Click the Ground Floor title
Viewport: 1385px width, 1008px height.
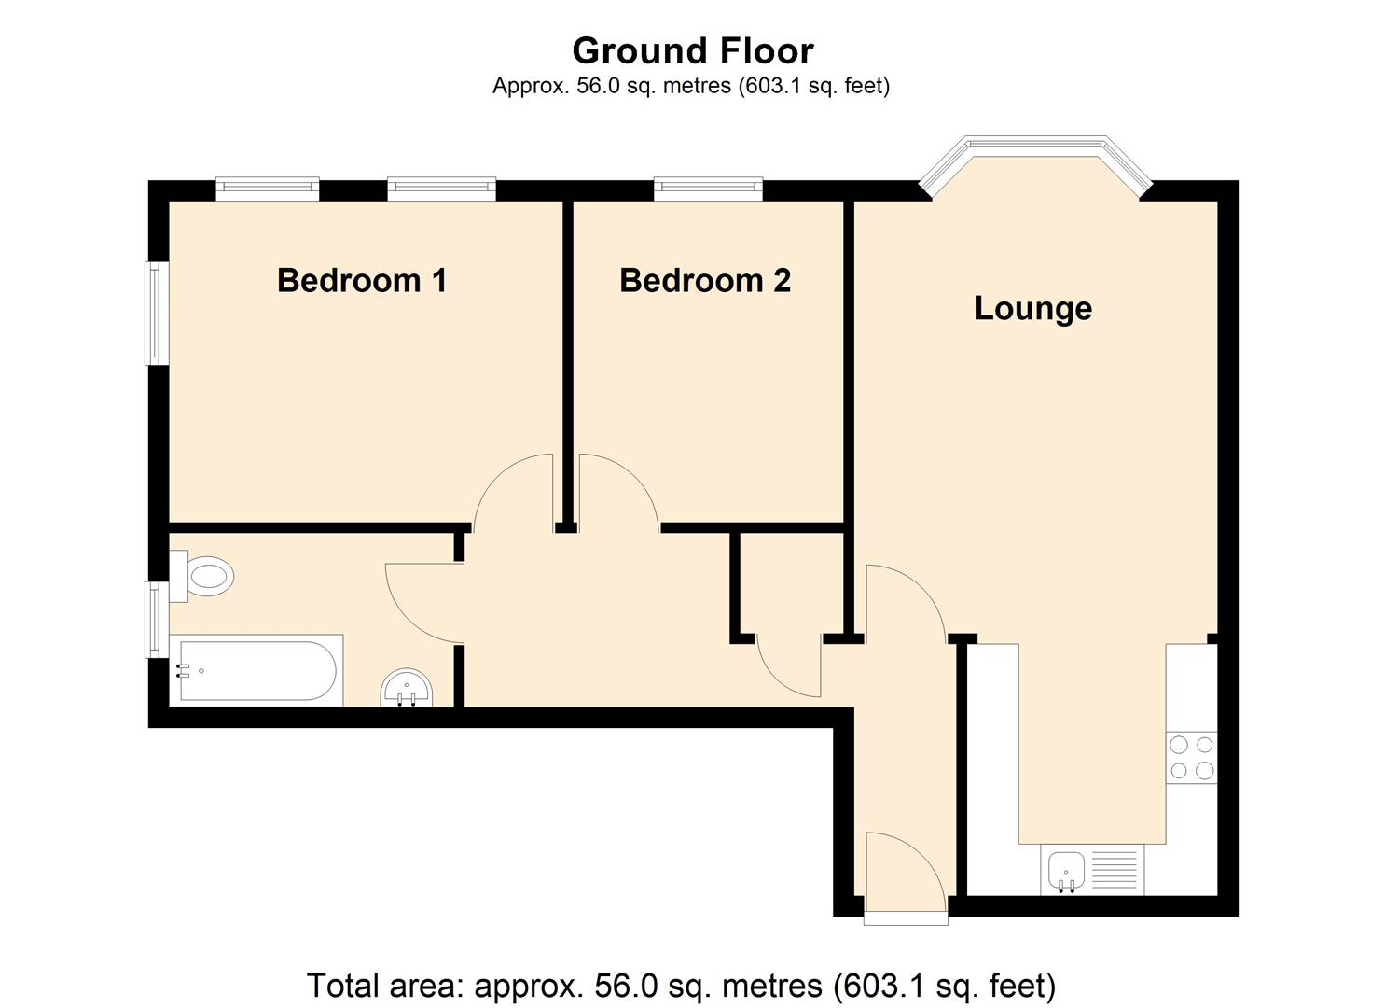[692, 50]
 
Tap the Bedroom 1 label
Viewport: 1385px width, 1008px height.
[362, 280]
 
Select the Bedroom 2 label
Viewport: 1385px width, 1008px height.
[705, 280]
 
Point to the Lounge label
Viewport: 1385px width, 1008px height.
[1032, 308]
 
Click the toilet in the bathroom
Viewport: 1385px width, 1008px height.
[204, 576]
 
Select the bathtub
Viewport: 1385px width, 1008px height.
[254, 669]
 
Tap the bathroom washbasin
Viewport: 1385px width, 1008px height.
[407, 689]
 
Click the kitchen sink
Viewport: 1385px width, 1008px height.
[1065, 871]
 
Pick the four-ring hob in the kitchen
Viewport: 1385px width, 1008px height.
[1192, 757]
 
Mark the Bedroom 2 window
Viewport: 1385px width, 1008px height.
[708, 189]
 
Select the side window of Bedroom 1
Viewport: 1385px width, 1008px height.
[156, 313]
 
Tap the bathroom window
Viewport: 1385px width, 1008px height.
[156, 618]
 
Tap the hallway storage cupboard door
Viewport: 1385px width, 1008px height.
[789, 665]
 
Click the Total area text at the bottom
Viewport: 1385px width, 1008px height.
[681, 985]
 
